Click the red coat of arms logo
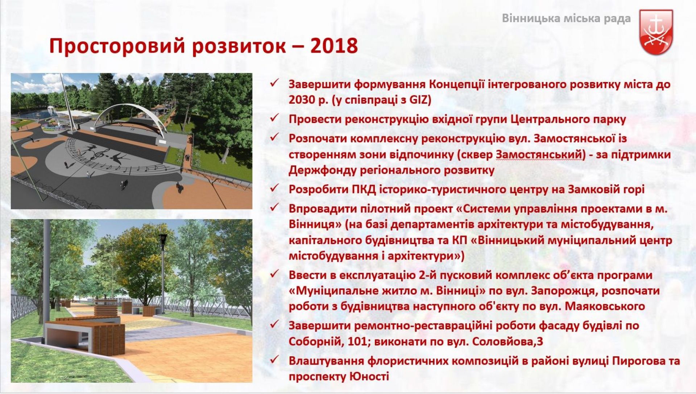tap(656, 32)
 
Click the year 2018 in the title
tap(334, 46)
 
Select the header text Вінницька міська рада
tap(566, 19)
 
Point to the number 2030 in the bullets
tap(304, 100)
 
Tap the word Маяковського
tap(605, 306)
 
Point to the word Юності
tap(369, 376)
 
